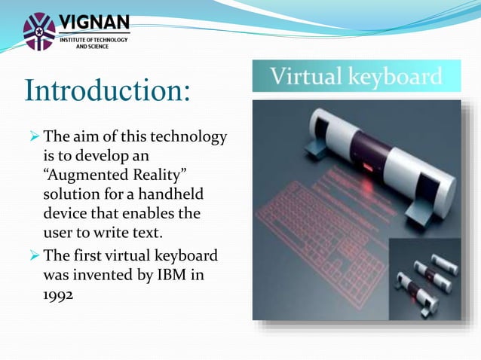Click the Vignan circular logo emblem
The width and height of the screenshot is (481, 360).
point(39,31)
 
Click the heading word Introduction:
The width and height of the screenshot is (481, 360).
point(107,90)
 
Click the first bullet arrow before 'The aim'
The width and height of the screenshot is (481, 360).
point(32,138)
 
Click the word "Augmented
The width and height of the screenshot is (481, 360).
point(82,175)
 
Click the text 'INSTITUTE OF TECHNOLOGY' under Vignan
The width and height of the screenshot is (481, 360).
point(93,39)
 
